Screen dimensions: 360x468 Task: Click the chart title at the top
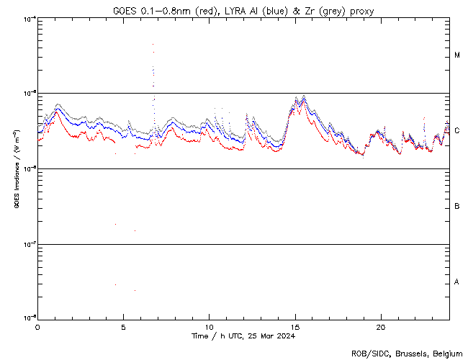243,11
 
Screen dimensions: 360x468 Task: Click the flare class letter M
457,55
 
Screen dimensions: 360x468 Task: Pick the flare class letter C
457,131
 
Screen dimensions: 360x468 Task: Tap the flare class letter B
457,207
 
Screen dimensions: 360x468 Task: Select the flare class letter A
457,282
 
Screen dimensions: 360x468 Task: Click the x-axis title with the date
243,336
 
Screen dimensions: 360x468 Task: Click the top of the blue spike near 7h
153,44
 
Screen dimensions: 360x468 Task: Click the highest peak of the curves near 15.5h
304,96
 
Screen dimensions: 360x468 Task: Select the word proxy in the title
362,11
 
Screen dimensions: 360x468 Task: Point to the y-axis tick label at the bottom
27,318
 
